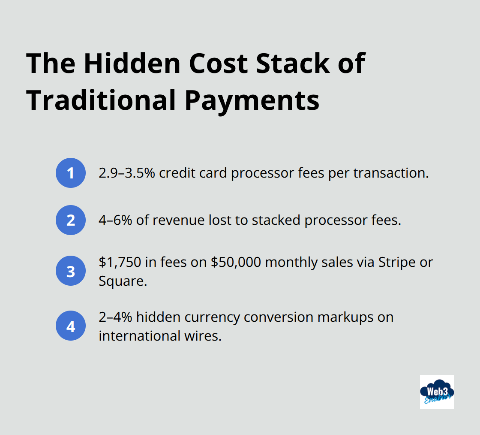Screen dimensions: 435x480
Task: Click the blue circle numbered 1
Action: tap(71, 173)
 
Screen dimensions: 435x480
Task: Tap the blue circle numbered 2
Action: tap(71, 220)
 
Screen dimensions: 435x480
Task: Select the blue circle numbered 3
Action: tap(71, 271)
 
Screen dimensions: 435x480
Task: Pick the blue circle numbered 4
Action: tap(71, 326)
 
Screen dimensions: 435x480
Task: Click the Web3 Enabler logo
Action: tap(437, 392)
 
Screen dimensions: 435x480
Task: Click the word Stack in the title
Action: tap(293, 63)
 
